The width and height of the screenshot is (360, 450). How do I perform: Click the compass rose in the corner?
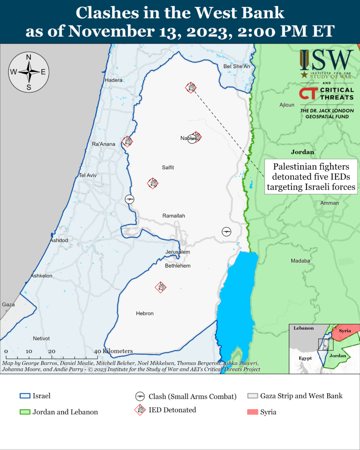point(29,72)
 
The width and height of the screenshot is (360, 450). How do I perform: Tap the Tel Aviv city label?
point(87,175)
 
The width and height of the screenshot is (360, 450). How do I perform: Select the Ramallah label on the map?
point(174,216)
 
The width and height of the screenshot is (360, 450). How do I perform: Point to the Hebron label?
point(145,313)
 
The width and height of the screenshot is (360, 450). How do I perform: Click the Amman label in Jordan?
point(330,203)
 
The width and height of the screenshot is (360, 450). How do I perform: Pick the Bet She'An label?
point(236,66)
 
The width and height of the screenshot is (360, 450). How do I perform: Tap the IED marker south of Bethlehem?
point(161,287)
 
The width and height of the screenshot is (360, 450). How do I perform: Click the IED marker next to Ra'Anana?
point(127,141)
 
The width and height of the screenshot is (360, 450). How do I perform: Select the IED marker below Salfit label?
point(153,183)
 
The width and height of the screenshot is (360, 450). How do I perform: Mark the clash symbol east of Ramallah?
point(226,231)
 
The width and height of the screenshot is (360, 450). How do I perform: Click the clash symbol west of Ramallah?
point(129,199)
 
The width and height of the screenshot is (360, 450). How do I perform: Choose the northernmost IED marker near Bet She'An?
point(190,87)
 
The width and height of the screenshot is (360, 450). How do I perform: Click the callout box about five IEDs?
point(311,177)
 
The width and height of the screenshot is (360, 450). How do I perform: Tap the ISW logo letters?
point(327,59)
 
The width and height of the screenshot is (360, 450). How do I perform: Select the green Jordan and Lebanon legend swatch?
point(25,412)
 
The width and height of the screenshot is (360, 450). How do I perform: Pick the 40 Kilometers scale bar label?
point(113,351)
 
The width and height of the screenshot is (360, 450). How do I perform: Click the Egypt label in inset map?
point(305,358)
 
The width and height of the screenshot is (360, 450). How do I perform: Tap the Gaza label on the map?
point(8,304)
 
